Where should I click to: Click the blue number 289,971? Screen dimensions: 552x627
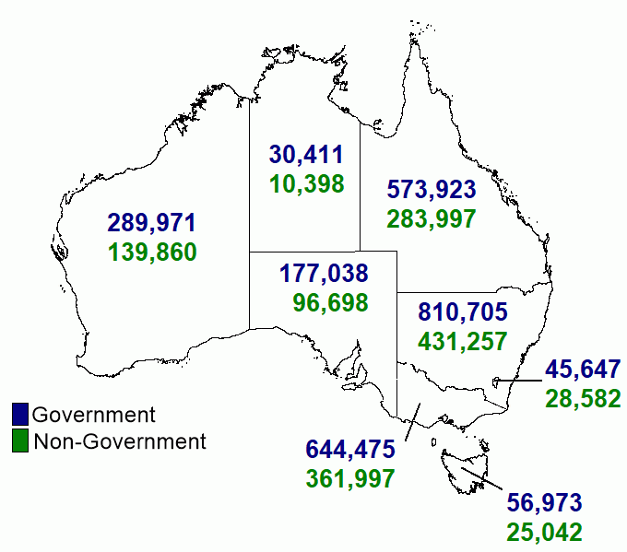pos(151,222)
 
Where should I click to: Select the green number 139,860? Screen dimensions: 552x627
pos(151,252)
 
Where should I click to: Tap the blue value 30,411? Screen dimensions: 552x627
pos(306,154)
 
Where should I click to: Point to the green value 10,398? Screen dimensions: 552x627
pos(306,183)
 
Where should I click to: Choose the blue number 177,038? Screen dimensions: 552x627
pos(323,273)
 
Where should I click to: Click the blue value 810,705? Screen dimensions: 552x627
pos(463,311)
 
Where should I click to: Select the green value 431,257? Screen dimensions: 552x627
pos(463,340)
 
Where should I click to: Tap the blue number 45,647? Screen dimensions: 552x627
pos(583,369)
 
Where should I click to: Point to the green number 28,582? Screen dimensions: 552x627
pos(583,398)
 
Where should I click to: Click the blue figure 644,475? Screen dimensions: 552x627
pos(350,450)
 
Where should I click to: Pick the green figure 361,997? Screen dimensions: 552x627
pos(350,479)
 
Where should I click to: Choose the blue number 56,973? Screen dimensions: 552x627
pos(544,503)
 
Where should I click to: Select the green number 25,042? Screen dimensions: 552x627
pos(544,532)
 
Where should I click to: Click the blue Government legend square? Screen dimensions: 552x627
pos(21,415)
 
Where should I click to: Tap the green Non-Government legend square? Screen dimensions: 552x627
pos(21,441)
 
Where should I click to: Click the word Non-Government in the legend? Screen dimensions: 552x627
pos(120,441)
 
